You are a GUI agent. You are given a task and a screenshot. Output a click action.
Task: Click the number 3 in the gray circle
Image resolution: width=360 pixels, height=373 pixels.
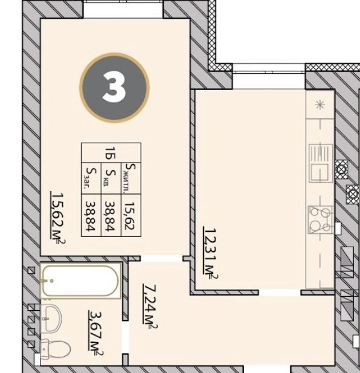pyautogui.click(x=114, y=87)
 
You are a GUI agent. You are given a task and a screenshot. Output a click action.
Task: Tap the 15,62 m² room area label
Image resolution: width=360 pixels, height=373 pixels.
pyautogui.click(x=58, y=218)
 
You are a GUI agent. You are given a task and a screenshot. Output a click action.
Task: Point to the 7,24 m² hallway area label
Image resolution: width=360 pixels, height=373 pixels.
pyautogui.click(x=150, y=307)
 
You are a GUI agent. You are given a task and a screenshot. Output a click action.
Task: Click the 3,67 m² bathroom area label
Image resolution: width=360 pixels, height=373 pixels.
pyautogui.click(x=96, y=333)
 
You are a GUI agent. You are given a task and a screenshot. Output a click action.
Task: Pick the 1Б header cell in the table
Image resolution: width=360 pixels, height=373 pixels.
pyautogui.click(x=111, y=153)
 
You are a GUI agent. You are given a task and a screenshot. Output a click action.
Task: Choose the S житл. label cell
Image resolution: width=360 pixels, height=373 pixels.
pyautogui.click(x=131, y=178)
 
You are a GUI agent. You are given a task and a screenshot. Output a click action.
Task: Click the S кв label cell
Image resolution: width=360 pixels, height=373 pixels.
pyautogui.click(x=111, y=178)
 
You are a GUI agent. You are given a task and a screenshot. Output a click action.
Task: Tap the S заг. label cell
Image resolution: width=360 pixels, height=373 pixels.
pyautogui.click(x=91, y=178)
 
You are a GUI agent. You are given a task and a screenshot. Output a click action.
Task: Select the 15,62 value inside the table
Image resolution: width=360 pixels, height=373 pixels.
pyautogui.click(x=130, y=216)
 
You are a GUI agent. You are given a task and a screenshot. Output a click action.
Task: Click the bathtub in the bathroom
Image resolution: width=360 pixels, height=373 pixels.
pyautogui.click(x=80, y=281)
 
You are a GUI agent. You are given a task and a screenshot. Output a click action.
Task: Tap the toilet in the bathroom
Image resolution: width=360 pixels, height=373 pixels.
pyautogui.click(x=55, y=349)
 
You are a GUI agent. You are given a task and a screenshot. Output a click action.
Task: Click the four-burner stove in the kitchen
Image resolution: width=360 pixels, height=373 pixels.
pyautogui.click(x=320, y=220)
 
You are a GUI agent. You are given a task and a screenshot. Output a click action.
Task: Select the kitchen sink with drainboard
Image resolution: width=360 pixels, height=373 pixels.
pyautogui.click(x=321, y=163)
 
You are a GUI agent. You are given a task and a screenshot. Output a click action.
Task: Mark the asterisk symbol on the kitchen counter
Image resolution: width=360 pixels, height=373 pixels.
pyautogui.click(x=320, y=105)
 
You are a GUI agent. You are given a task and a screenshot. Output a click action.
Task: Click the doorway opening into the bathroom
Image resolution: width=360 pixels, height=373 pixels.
pyautogui.click(x=125, y=337)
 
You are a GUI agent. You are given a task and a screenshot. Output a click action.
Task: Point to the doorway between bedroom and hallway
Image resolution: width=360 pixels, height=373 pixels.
pyautogui.click(x=162, y=258)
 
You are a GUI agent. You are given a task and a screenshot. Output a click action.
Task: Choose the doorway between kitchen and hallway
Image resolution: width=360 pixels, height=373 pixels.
pyautogui.click(x=280, y=293)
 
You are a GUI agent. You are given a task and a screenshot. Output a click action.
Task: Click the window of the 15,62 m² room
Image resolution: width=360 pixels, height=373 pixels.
pyautogui.click(x=123, y=9)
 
